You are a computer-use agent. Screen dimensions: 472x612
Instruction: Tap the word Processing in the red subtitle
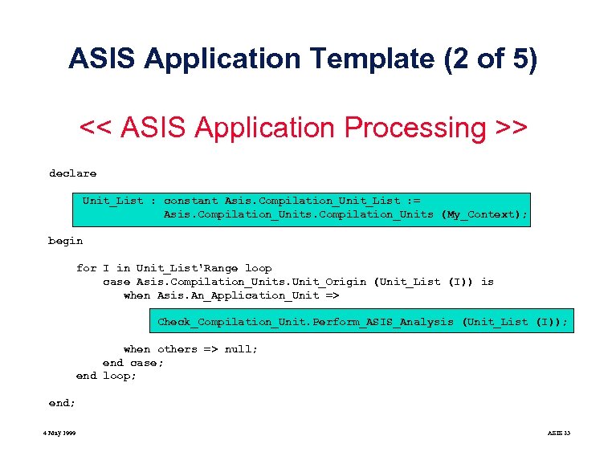click(412, 128)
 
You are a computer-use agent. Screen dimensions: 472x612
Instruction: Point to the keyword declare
click(72, 173)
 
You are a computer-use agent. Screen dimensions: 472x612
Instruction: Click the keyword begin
click(65, 241)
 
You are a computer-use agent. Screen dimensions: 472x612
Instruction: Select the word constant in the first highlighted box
click(190, 201)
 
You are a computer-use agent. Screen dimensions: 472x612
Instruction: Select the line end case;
click(133, 362)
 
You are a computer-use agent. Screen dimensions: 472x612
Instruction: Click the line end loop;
click(106, 376)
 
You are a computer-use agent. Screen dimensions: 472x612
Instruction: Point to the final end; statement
click(62, 403)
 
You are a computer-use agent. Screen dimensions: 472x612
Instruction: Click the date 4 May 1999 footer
click(60, 433)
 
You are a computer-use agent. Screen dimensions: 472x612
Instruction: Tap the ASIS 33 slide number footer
click(558, 433)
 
